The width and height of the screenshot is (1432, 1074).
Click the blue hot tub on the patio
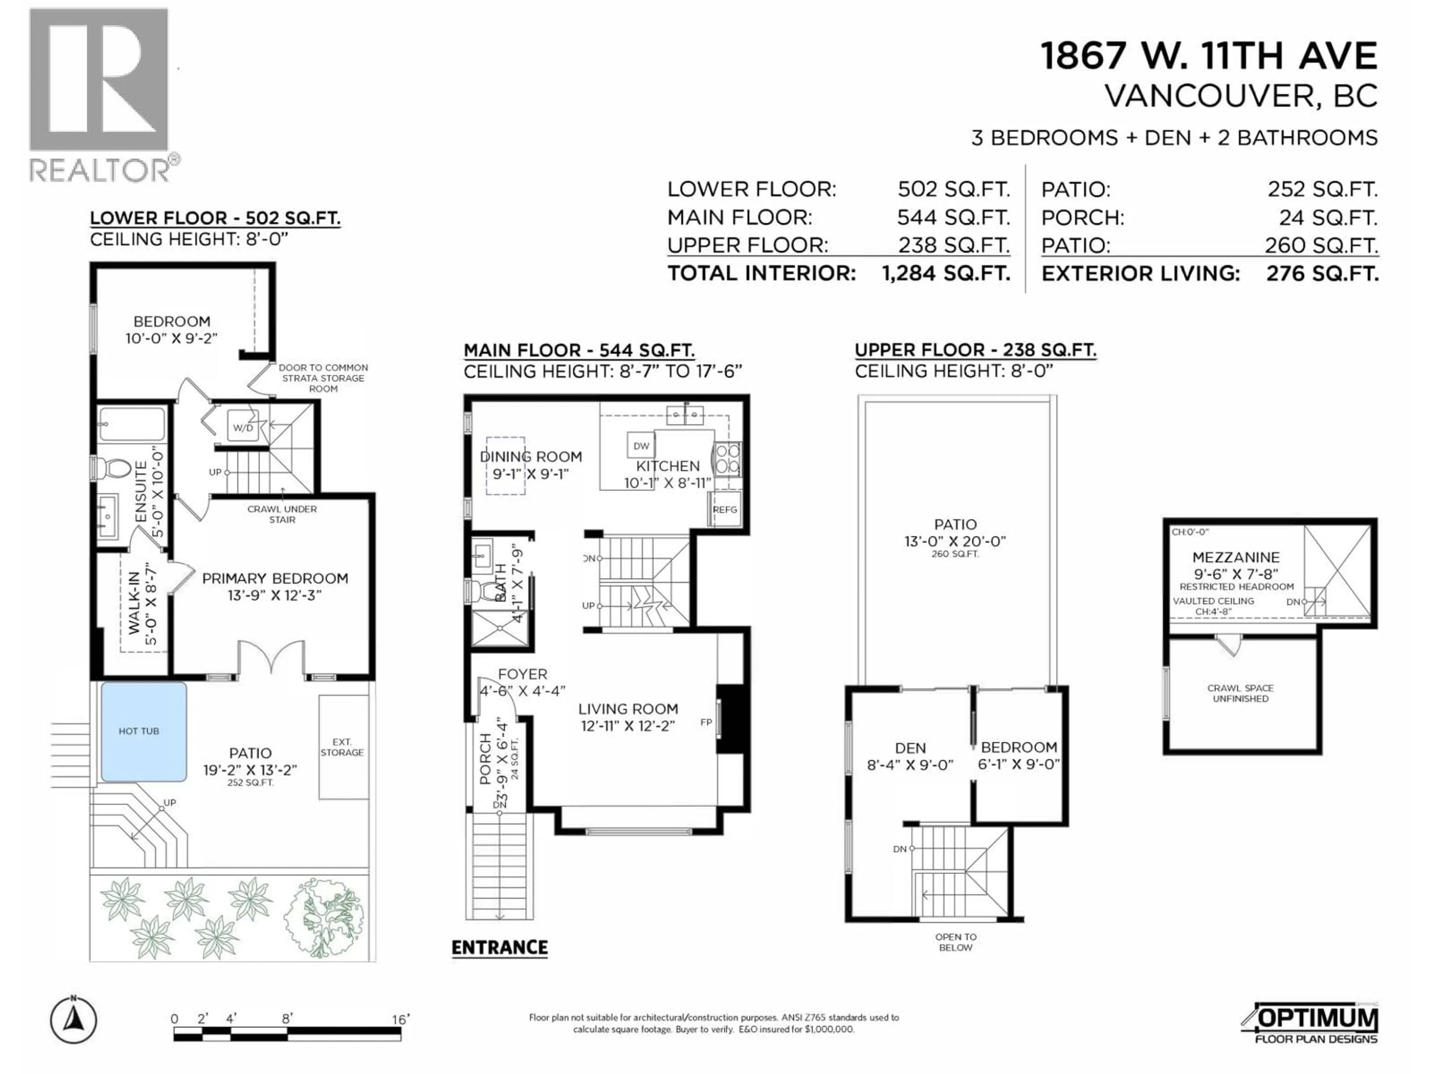[x=144, y=732]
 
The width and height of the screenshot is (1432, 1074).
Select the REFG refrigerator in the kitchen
[x=725, y=509]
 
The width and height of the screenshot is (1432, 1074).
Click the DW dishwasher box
[x=641, y=445]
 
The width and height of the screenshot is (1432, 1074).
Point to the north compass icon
[x=74, y=1021]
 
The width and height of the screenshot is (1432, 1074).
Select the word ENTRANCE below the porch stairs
[x=499, y=948]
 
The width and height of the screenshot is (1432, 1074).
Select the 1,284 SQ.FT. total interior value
[x=945, y=273]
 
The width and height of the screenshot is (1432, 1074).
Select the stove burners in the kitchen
[x=726, y=458]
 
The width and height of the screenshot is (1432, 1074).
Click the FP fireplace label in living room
[x=706, y=722]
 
